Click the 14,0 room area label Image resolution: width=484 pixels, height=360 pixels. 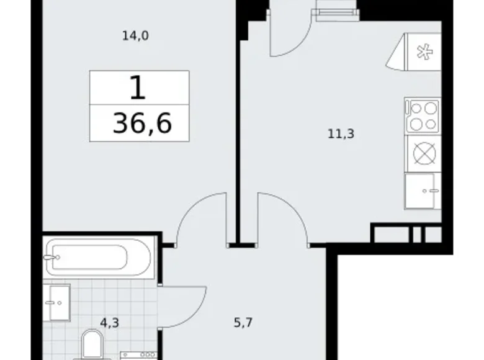135,36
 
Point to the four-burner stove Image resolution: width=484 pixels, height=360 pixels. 423,115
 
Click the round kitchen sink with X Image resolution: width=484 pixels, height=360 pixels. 423,153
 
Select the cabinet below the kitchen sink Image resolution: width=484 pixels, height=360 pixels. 423,191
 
